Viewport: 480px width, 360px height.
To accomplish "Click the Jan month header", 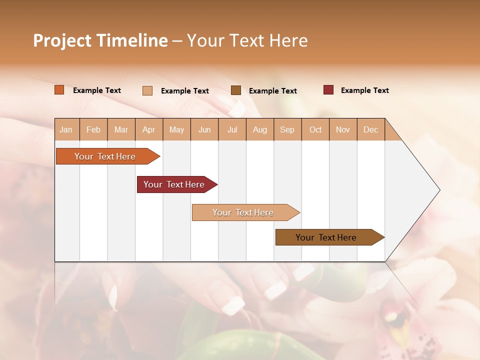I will (66, 129).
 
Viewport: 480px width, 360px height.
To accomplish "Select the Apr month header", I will (148, 129).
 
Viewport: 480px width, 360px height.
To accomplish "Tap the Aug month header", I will (259, 129).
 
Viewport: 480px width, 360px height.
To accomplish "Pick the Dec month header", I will (370, 129).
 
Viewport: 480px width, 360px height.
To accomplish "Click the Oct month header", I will (315, 129).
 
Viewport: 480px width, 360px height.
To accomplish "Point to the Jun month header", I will (204, 129).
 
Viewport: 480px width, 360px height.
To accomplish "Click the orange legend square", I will (59, 90).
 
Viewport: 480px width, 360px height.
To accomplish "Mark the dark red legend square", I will (328, 90).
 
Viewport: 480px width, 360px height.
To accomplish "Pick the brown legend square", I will (236, 90).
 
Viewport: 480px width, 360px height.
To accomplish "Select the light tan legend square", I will (147, 90).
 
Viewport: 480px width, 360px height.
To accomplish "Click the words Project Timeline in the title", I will (100, 40).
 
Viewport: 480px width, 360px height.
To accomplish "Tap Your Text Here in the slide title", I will (247, 40).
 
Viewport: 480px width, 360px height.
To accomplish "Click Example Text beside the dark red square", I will (364, 90).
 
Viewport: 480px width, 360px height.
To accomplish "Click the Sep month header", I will (287, 129).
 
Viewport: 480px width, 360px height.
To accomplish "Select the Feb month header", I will (93, 129).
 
